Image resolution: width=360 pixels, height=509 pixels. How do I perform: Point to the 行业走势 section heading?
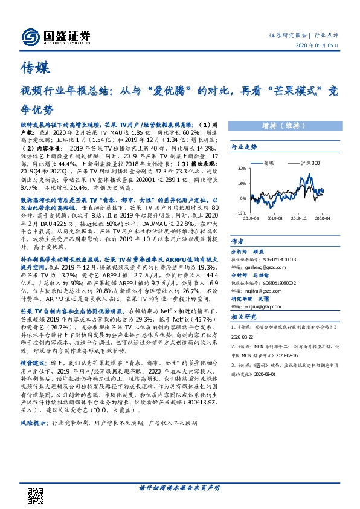click(x=244, y=147)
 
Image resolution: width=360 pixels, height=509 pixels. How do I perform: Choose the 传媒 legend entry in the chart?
click(x=269, y=163)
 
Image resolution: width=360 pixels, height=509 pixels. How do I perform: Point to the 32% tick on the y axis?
click(x=242, y=169)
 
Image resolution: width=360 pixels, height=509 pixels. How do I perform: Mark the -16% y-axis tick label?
click(x=241, y=213)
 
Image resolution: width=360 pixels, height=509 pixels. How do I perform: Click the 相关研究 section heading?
click(x=244, y=316)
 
